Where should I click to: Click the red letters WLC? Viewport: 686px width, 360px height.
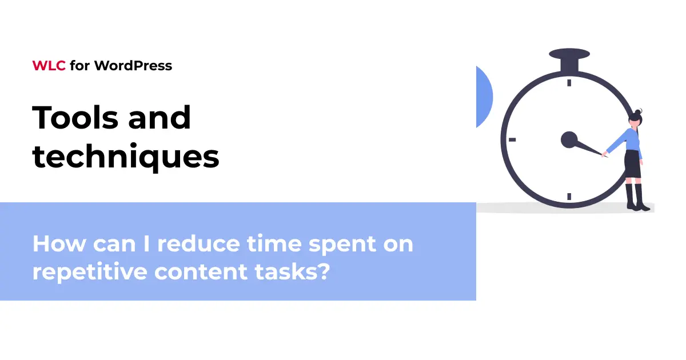click(49, 66)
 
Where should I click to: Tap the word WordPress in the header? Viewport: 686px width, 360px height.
click(133, 66)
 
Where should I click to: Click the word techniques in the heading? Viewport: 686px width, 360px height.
click(126, 155)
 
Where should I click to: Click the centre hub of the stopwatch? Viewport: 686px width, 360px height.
click(569, 139)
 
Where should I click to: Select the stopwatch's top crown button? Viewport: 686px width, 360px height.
click(569, 55)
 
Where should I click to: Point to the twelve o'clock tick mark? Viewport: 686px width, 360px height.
click(569, 83)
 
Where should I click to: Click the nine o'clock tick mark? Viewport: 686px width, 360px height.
click(512, 139)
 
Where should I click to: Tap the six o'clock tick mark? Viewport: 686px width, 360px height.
click(569, 196)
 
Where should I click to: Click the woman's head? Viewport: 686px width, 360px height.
click(636, 119)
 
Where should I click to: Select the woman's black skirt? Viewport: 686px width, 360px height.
click(632, 165)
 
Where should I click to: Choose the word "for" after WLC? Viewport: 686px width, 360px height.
click(80, 66)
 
